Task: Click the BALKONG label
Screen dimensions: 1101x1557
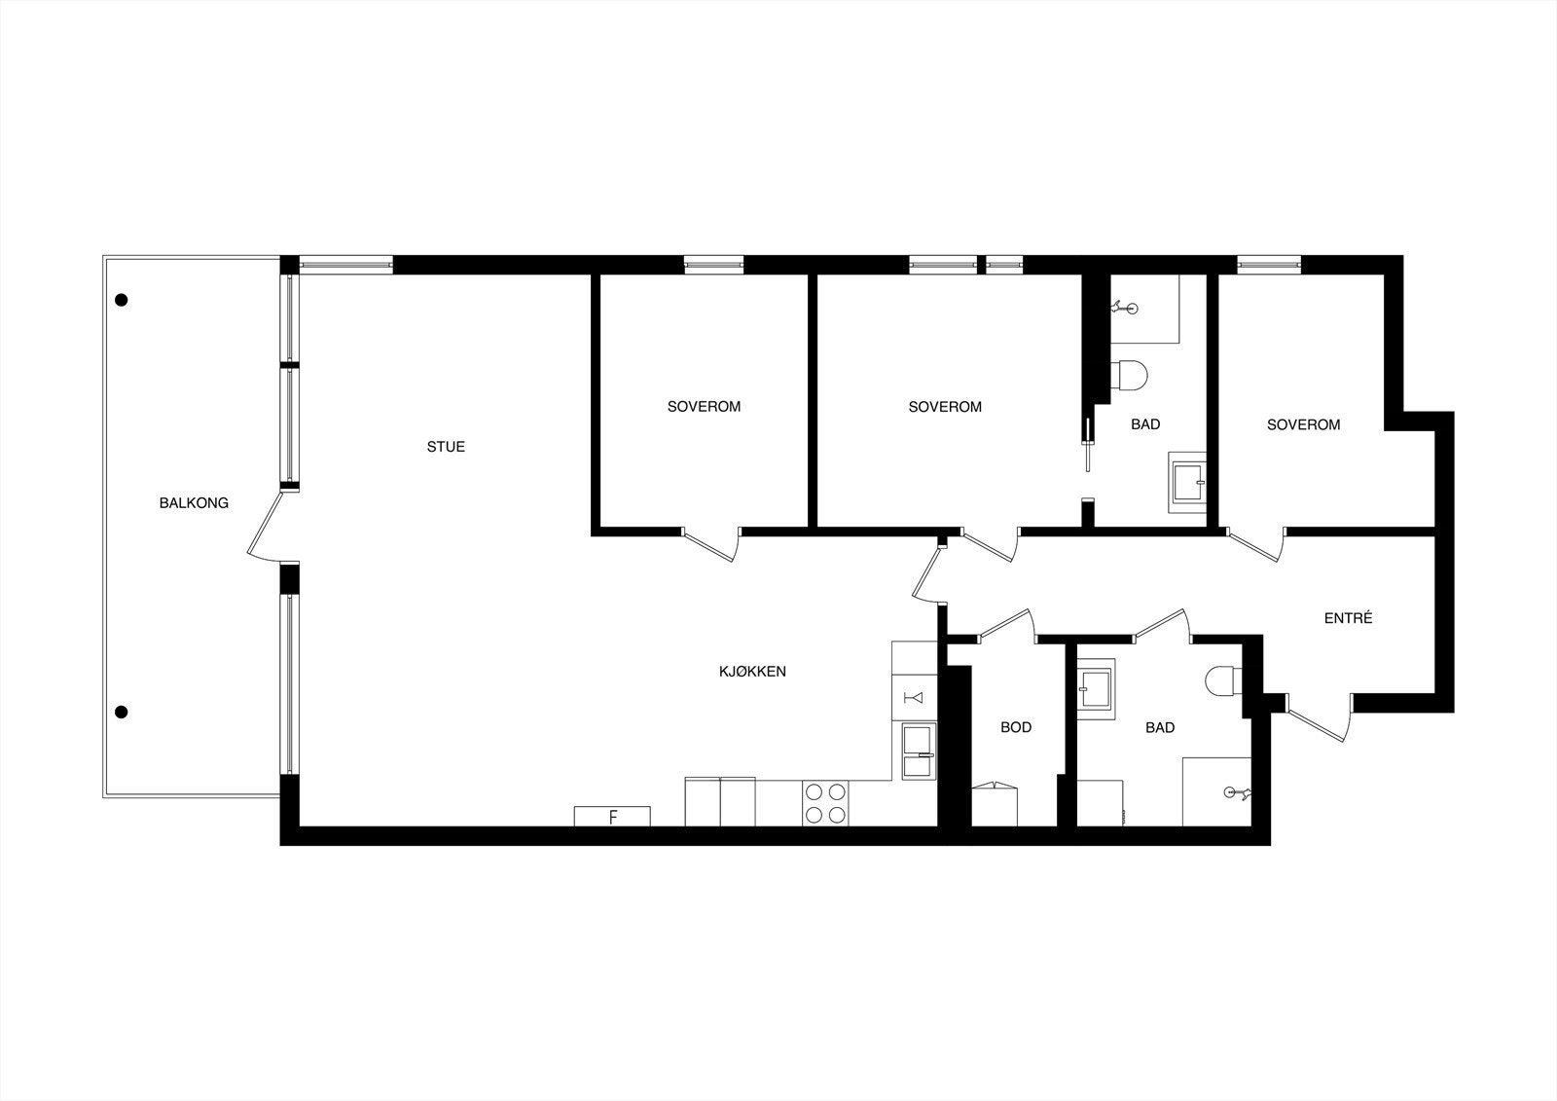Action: click(194, 503)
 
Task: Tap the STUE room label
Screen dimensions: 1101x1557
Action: click(446, 447)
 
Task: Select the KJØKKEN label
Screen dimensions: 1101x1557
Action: click(752, 672)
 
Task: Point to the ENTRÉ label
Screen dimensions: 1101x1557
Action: click(1348, 618)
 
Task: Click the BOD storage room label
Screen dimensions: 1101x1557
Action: click(1016, 727)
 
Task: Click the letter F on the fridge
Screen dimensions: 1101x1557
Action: click(612, 817)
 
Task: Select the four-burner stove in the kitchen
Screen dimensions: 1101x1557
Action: click(825, 803)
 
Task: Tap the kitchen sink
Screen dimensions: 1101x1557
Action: click(918, 752)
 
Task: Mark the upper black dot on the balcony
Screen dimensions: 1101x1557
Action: click(122, 300)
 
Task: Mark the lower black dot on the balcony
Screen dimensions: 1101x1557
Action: click(122, 712)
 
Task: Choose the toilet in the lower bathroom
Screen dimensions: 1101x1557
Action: click(1221, 680)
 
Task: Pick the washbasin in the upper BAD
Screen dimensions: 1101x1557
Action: click(1187, 482)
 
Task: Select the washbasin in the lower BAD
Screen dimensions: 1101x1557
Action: click(1097, 687)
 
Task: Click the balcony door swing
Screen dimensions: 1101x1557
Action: click(265, 526)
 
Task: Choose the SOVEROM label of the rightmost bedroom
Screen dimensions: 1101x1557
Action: click(1303, 424)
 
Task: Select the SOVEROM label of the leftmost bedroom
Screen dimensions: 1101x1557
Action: click(704, 407)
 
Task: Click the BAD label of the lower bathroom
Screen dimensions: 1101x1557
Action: click(1160, 727)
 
